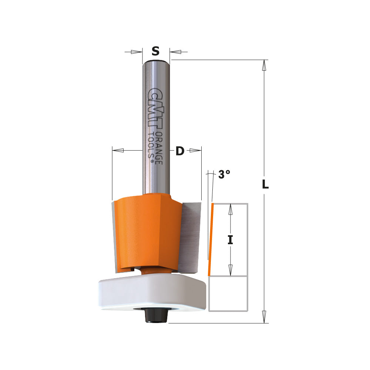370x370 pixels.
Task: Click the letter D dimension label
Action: [x=180, y=151]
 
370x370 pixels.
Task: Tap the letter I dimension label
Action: [x=230, y=240]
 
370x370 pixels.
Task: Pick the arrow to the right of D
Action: [x=195, y=150]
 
